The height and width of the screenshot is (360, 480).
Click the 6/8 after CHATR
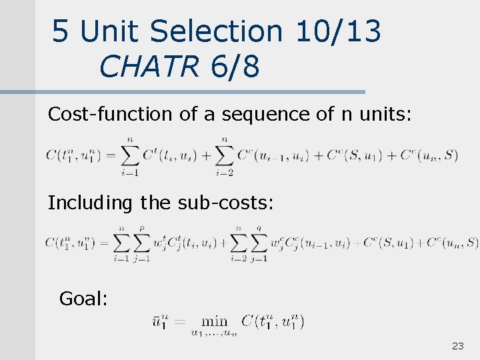coord(234,66)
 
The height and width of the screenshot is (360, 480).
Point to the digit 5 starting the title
coord(61,31)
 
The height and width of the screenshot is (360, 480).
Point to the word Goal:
coord(83,299)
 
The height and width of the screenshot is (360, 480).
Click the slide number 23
coord(458,346)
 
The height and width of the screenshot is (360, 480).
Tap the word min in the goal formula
coord(213,321)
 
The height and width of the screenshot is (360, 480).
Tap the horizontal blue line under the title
coord(200,92)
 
